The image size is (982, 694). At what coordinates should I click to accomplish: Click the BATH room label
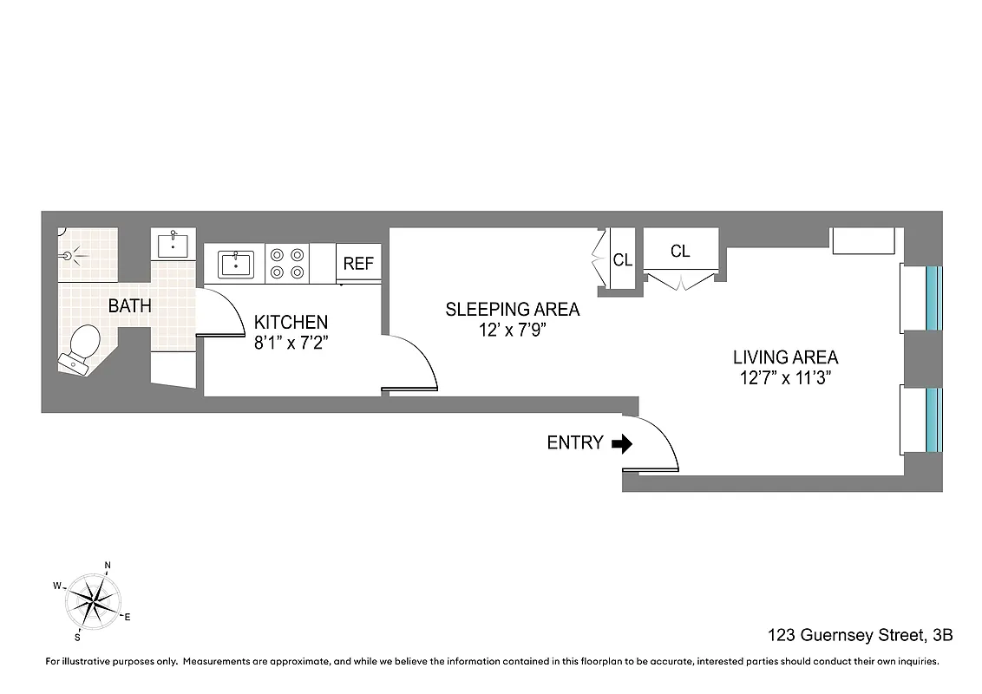click(x=129, y=306)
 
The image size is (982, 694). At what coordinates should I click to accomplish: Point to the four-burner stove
click(x=287, y=264)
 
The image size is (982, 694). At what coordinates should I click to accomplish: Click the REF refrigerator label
click(x=358, y=264)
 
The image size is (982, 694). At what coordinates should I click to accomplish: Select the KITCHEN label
click(x=291, y=322)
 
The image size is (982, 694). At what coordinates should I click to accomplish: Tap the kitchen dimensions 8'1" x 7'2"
click(x=291, y=344)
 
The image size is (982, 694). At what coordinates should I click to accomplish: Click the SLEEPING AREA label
click(x=512, y=309)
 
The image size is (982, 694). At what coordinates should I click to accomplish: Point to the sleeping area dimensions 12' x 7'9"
click(x=512, y=331)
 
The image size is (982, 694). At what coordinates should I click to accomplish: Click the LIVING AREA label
click(x=785, y=357)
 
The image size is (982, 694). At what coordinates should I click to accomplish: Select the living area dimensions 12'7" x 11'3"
click(x=785, y=378)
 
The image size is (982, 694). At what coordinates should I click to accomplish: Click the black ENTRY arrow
click(x=622, y=444)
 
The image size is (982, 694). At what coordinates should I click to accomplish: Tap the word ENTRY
click(x=574, y=443)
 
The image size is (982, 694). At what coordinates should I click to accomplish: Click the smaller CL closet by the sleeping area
click(x=622, y=260)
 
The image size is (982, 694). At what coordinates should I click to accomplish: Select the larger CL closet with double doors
click(x=680, y=252)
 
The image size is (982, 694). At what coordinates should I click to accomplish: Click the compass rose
click(x=93, y=599)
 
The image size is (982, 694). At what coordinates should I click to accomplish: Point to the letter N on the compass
click(x=108, y=566)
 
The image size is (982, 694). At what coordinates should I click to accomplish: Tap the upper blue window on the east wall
click(x=933, y=298)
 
